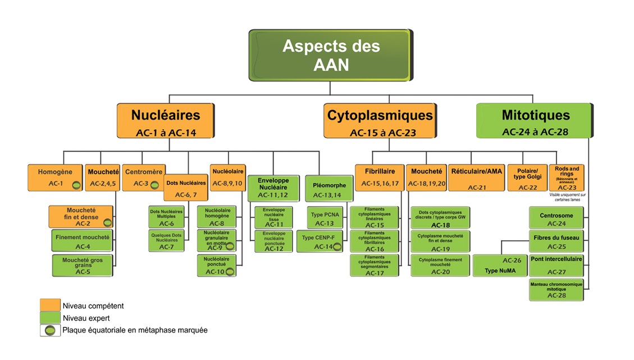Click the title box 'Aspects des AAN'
(331, 54)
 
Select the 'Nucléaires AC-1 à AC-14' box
(165, 121)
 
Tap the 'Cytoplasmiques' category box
(380, 121)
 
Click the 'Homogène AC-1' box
(54, 177)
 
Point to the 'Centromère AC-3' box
(143, 177)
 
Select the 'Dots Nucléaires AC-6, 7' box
(186, 188)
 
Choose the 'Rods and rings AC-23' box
(567, 178)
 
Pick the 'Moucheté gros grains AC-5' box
(83, 266)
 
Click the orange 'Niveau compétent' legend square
(50, 306)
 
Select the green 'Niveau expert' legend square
(50, 318)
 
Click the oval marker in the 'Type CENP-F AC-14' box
(337, 247)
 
